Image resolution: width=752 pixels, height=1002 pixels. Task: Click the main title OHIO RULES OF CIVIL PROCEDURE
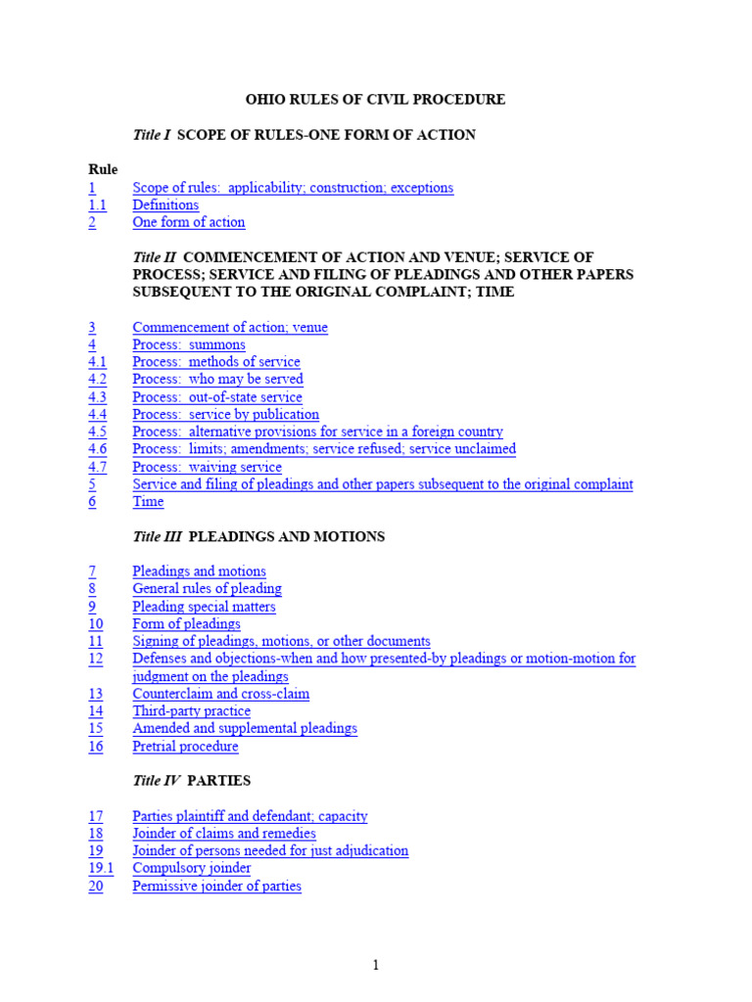coord(375,99)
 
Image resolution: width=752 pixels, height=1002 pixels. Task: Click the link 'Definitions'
coord(165,205)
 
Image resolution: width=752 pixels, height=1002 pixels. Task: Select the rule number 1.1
coord(97,205)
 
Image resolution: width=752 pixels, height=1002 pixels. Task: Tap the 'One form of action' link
coord(189,222)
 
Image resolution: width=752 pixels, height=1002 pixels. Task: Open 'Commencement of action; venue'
coord(230,328)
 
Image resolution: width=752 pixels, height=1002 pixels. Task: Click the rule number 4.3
coord(97,397)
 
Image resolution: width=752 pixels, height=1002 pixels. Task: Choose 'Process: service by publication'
coord(226,414)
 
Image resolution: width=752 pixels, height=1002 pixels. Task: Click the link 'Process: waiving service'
coord(207,467)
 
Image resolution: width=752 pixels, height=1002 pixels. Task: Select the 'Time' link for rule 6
coord(148,502)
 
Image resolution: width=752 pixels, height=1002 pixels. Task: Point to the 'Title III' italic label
coord(157,536)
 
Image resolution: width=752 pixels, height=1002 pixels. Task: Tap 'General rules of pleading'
coord(207,589)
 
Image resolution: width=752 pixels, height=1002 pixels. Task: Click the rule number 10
coord(95,624)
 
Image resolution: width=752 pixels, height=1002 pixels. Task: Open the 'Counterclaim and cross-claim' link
coord(221,694)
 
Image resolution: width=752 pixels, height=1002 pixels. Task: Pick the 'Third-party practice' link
coord(192,711)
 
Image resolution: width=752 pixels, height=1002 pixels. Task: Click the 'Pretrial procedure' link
coord(185,747)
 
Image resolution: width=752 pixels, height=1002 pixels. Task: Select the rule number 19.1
coord(101,868)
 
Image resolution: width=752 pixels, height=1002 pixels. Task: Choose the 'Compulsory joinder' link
coord(192,868)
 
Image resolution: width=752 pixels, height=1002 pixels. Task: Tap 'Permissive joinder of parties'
coord(217,887)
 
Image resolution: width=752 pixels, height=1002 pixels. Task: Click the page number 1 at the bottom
coord(375,966)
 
